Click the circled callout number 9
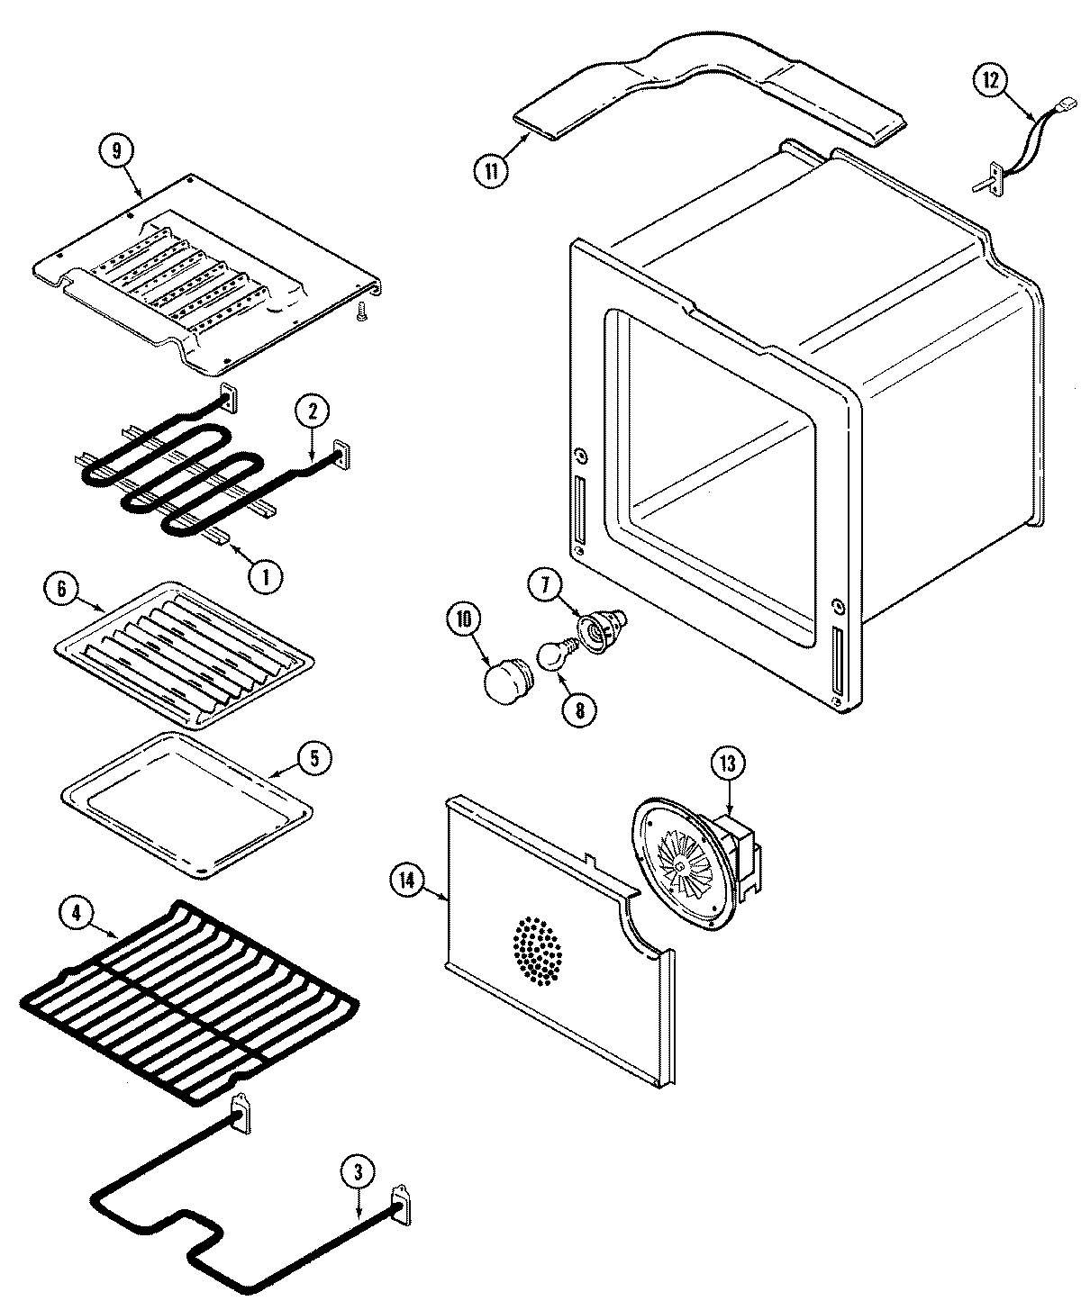click(x=116, y=151)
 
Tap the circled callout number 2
click(x=313, y=412)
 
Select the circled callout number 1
click(x=264, y=575)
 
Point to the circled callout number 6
click(x=60, y=590)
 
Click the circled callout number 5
click(x=313, y=757)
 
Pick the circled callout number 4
click(x=77, y=911)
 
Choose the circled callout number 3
click(x=358, y=1173)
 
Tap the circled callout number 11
click(x=491, y=170)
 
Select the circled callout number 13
click(x=727, y=763)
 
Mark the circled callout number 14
click(x=408, y=881)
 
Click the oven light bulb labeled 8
click(x=553, y=659)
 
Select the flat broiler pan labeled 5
click(x=186, y=803)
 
